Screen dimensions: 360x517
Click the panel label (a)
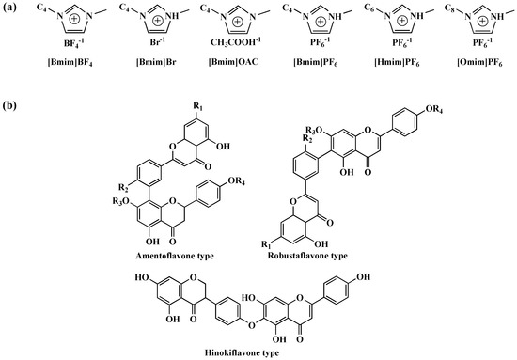tap(11, 8)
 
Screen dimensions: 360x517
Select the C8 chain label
tap(446, 13)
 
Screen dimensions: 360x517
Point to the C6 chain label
tap(363, 13)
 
